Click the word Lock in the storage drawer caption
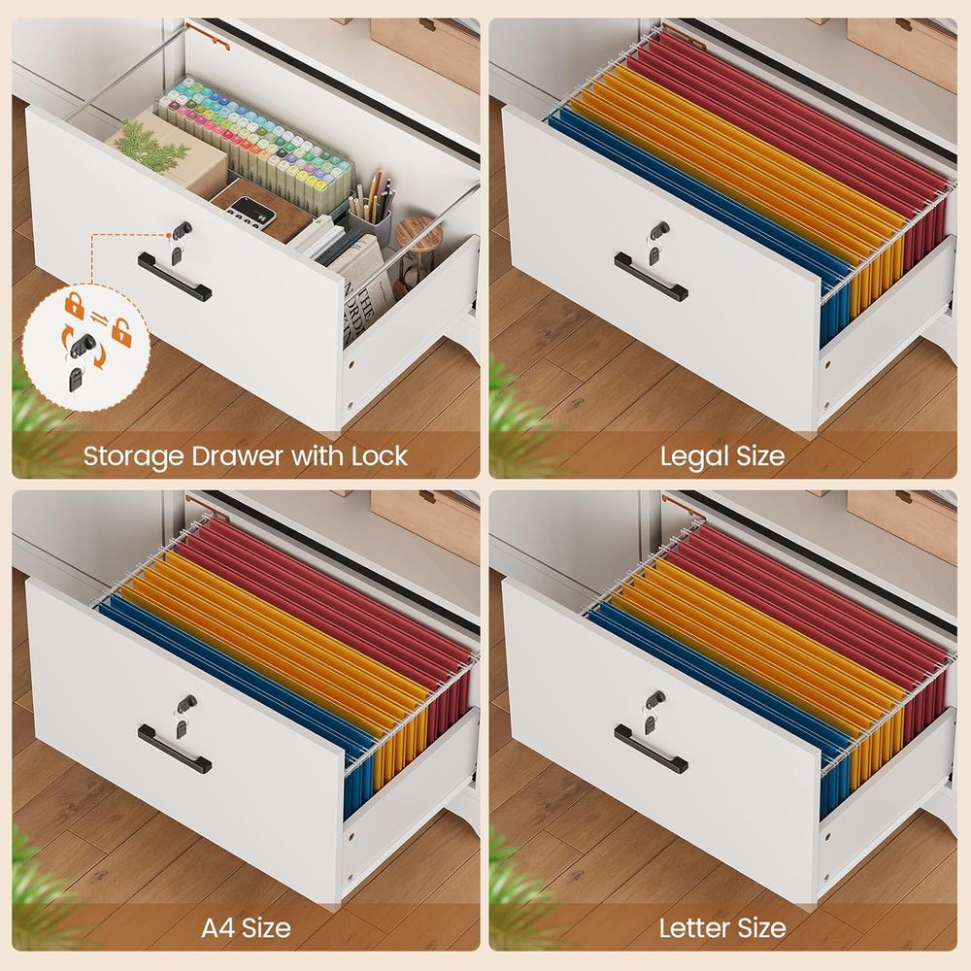(380, 455)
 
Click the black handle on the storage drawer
(174, 276)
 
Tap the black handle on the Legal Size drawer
(651, 276)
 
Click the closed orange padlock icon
(75, 305)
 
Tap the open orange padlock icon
(121, 332)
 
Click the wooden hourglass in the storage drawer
(417, 248)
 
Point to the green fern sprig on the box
(151, 147)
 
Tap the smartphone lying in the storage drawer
(252, 212)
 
